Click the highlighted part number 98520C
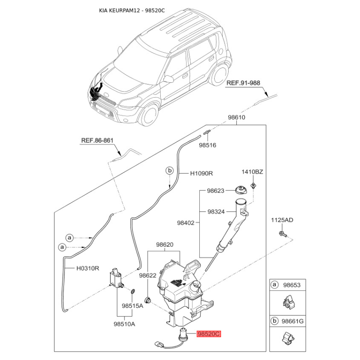click(x=209, y=333)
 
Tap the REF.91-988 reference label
click(x=243, y=83)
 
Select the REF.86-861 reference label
click(x=97, y=140)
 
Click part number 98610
click(x=237, y=117)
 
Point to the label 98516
click(x=207, y=145)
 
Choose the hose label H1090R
click(x=202, y=173)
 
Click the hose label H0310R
click(x=88, y=268)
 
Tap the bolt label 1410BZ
click(x=252, y=172)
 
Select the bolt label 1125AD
click(x=282, y=220)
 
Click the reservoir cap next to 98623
click(x=241, y=190)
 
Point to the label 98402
click(x=186, y=223)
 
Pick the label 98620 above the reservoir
click(x=165, y=245)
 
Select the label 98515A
click(x=132, y=306)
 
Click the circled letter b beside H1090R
click(x=170, y=171)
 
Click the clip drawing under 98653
click(x=288, y=302)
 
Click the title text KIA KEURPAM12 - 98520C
click(x=132, y=10)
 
